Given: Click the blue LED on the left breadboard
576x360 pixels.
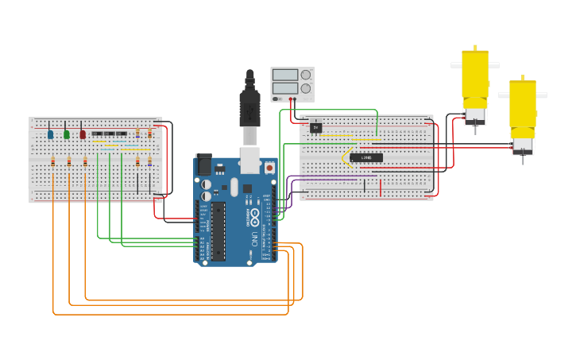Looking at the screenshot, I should coord(51,134).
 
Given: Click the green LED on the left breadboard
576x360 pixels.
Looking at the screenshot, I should coord(67,134).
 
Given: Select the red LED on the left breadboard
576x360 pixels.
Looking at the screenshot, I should coord(83,134).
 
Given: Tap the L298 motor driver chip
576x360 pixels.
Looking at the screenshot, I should coord(366,157).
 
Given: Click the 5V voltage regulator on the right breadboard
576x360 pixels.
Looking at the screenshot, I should coord(316,127).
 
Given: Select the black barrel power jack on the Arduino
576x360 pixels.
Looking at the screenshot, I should coord(203,164).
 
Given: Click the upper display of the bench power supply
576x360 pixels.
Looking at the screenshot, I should coord(284,75).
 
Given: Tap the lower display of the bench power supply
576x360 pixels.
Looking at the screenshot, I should coord(284,87).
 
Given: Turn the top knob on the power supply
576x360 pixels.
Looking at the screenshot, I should coord(305,75).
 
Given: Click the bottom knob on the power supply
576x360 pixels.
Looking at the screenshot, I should coord(305,88).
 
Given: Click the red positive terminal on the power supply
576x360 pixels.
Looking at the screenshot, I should coord(296,99).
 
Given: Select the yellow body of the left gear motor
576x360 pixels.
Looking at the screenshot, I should coord(475,75).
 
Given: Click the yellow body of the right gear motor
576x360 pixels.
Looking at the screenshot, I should coord(523,103).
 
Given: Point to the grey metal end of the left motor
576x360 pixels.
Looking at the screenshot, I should coord(475,114).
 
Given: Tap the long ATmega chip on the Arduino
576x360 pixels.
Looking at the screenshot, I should coord(217,230).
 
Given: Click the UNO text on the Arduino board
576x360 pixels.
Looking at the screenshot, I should coord(254,238).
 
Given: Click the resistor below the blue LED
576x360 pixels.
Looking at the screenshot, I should coord(53,162).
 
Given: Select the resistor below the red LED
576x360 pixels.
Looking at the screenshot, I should coord(85,162).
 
